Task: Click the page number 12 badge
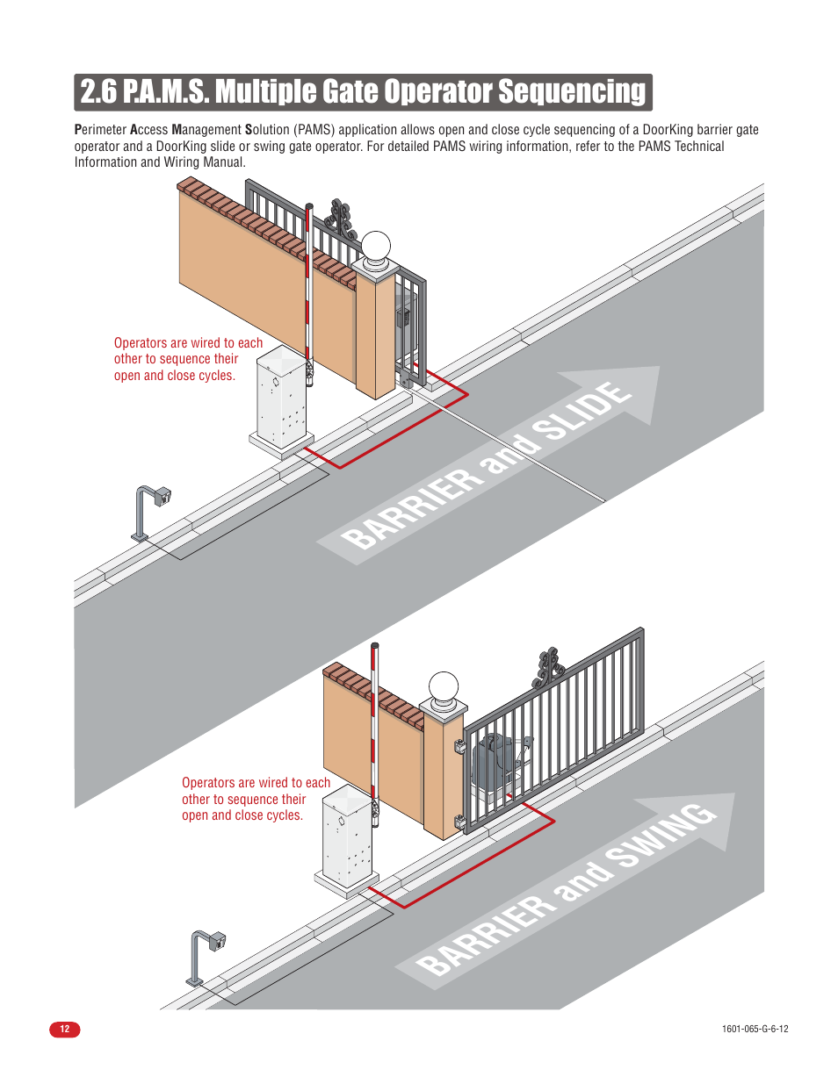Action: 64,1029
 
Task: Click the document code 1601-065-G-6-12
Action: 755,1029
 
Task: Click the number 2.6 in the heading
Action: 98,92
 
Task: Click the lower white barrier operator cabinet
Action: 348,839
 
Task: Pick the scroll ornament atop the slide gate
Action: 340,219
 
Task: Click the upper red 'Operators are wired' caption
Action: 188,359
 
